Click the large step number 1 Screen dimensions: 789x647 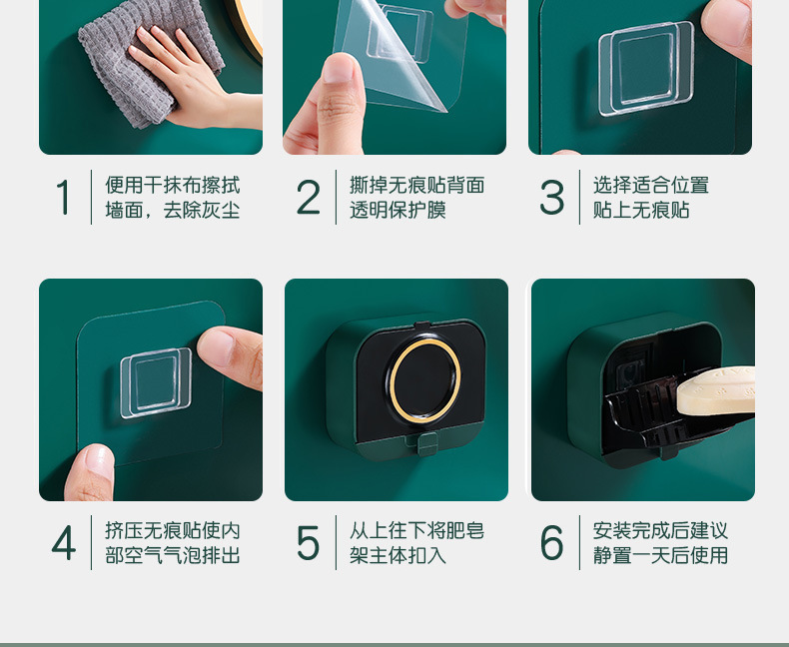(63, 197)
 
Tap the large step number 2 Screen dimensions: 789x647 (308, 197)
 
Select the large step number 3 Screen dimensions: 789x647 (551, 197)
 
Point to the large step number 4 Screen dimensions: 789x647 (63, 543)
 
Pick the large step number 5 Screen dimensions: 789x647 (308, 543)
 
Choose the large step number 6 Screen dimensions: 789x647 (551, 542)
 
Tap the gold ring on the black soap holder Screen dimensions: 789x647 (425, 380)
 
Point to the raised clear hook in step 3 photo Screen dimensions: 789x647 (646, 69)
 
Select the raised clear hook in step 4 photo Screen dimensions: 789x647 (156, 382)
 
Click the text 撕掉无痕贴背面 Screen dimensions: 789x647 (417, 185)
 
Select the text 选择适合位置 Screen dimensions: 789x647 (650, 185)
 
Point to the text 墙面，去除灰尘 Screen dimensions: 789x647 (172, 210)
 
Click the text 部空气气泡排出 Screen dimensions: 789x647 (172, 555)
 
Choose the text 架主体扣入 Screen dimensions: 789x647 (398, 555)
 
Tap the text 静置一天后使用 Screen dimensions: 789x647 (660, 555)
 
